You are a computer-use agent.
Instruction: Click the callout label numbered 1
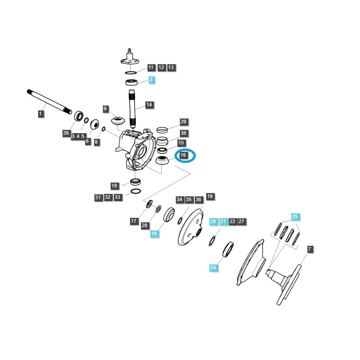click(x=40, y=114)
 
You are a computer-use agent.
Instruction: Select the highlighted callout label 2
click(x=151, y=80)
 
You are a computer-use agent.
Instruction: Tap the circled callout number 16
click(x=183, y=155)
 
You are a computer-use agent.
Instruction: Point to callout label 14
click(x=149, y=105)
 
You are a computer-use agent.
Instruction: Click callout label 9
click(x=105, y=109)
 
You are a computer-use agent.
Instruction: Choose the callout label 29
click(x=183, y=122)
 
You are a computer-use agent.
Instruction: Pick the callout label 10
click(x=114, y=185)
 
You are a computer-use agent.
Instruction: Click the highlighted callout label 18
click(x=154, y=234)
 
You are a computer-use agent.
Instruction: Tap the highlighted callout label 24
click(x=213, y=268)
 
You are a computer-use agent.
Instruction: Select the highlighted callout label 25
click(x=295, y=217)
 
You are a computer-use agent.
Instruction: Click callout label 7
click(x=310, y=249)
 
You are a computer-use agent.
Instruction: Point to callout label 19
click(x=210, y=197)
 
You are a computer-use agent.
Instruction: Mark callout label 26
click(x=66, y=133)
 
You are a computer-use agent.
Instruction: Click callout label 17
click(x=134, y=221)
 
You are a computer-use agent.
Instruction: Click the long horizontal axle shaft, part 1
click(x=49, y=101)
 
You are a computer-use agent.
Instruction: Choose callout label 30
click(x=183, y=133)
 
